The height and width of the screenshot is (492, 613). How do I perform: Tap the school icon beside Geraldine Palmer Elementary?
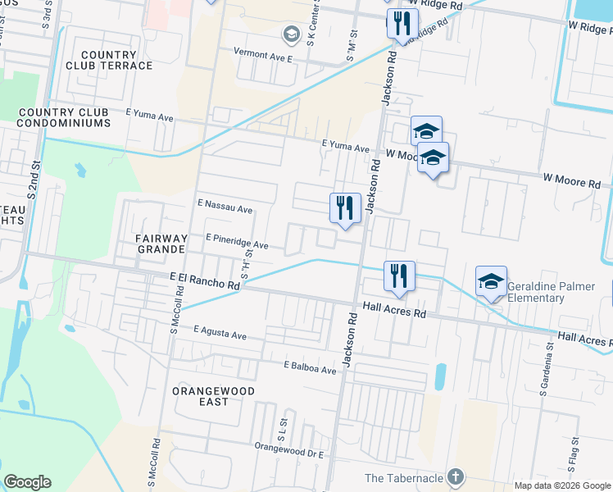(491, 282)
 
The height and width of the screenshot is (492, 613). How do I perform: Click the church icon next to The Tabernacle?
(456, 477)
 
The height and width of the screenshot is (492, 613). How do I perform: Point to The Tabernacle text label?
(404, 478)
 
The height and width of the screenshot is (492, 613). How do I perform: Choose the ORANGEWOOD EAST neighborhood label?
(212, 397)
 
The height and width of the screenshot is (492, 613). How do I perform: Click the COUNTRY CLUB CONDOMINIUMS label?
(64, 117)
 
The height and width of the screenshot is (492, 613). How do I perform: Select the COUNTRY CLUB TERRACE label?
(116, 60)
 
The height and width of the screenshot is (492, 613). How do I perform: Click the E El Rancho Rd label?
(205, 281)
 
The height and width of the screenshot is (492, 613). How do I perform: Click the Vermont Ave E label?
(263, 55)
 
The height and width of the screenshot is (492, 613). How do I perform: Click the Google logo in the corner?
(27, 482)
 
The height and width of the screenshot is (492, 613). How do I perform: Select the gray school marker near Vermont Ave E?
(291, 34)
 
